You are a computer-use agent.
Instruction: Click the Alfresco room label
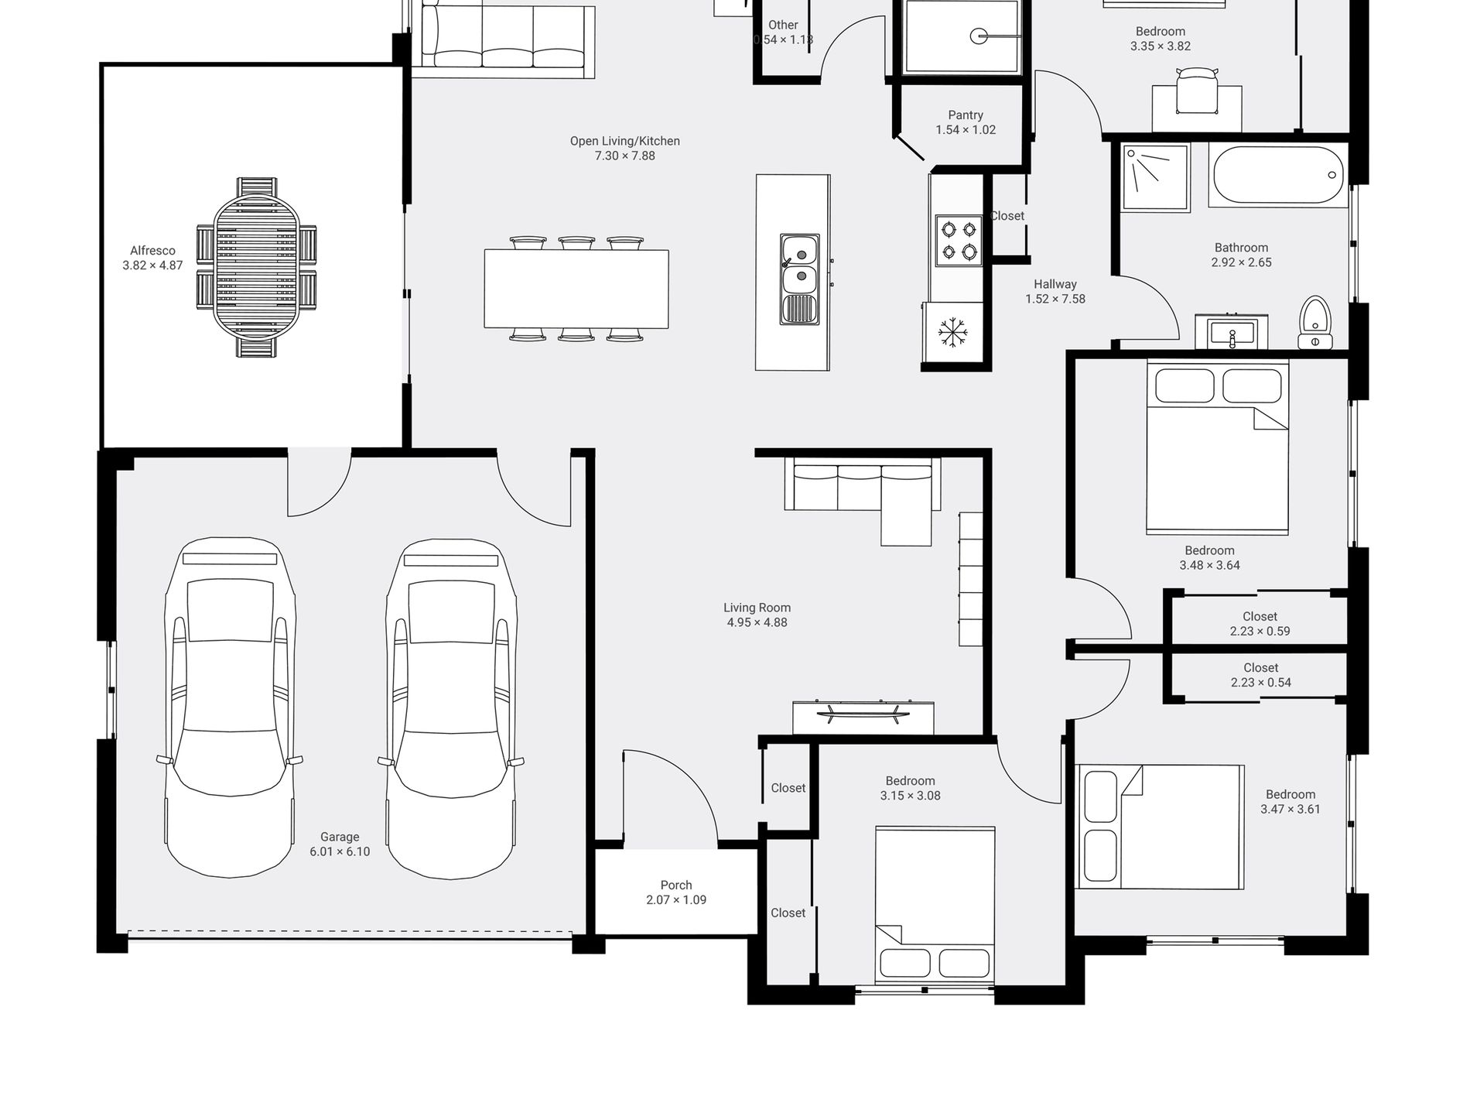(x=152, y=258)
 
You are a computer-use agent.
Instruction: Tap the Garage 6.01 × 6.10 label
(x=340, y=844)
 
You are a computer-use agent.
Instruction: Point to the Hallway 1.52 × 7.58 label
(x=1055, y=291)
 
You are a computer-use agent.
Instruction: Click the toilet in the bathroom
(x=1314, y=323)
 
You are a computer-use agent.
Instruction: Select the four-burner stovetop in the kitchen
(x=959, y=240)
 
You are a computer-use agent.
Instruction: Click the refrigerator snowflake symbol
(x=952, y=331)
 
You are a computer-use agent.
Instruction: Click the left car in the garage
(x=230, y=707)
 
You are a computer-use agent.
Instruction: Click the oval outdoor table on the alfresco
(x=255, y=267)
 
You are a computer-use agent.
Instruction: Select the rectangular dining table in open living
(x=576, y=289)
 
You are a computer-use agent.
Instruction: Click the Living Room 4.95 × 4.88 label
(x=757, y=615)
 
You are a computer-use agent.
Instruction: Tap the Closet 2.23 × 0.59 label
(x=1260, y=624)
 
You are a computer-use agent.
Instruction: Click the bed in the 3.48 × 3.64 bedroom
(x=1217, y=448)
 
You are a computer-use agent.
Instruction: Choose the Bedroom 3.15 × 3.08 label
(x=910, y=788)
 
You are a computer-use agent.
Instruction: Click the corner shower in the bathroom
(x=1154, y=177)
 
